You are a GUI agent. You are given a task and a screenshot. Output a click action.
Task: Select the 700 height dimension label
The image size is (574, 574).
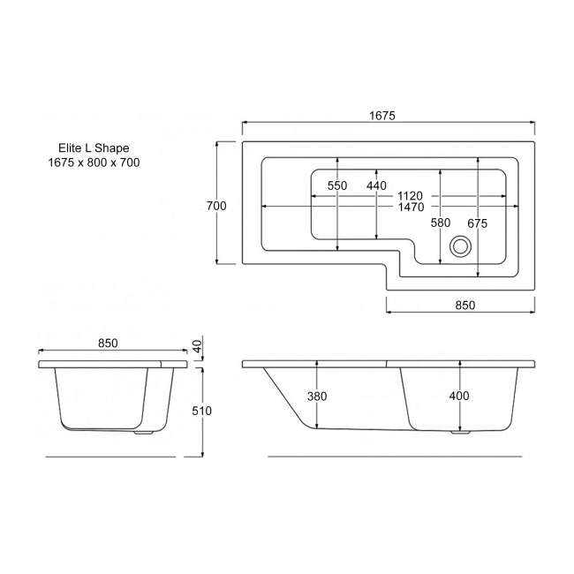pyautogui.click(x=216, y=206)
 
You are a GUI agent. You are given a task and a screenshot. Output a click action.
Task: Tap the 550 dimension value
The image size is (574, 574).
pyautogui.click(x=337, y=186)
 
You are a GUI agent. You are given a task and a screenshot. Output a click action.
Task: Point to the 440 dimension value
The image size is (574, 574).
pyautogui.click(x=377, y=186)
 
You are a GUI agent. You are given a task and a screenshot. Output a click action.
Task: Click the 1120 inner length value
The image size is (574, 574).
pyautogui.click(x=411, y=195)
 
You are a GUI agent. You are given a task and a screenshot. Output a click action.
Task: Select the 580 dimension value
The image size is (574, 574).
pyautogui.click(x=441, y=223)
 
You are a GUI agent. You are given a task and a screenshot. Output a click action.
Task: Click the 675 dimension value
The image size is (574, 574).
pyautogui.click(x=477, y=223)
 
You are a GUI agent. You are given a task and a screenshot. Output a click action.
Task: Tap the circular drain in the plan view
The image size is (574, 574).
pyautogui.click(x=460, y=247)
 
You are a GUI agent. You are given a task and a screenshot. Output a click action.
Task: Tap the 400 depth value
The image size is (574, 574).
pyautogui.click(x=458, y=397)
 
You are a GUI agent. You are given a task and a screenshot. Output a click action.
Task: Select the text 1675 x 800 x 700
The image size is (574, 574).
pyautogui.click(x=94, y=162)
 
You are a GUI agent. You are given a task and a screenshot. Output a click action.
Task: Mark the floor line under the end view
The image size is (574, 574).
pyautogui.click(x=110, y=457)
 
